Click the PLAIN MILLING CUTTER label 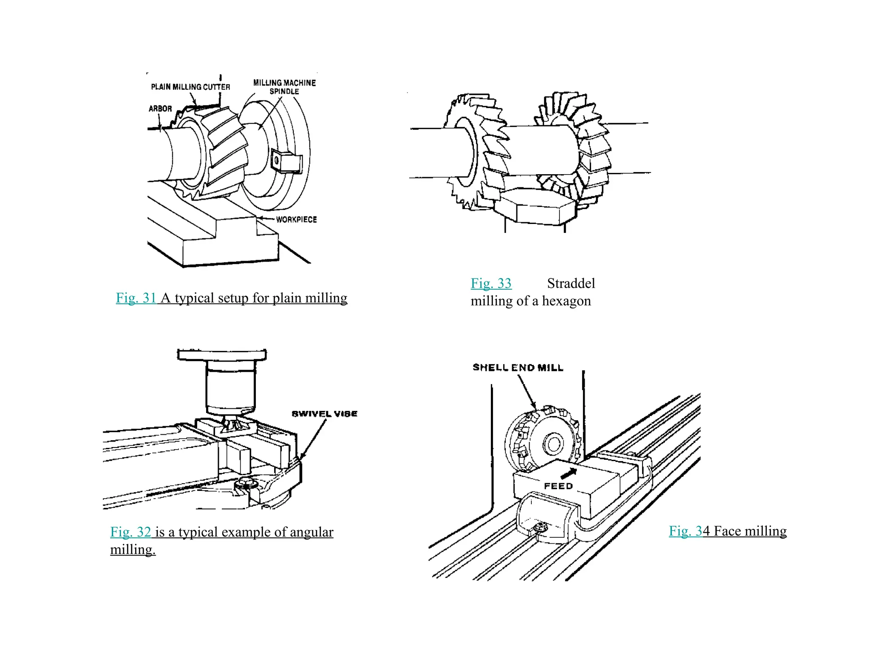coord(190,87)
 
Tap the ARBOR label coord(160,109)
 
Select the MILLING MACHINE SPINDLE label coord(284,87)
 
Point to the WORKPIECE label coord(296,220)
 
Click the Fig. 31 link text coord(136,298)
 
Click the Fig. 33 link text coord(491,283)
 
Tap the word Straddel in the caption coord(571,283)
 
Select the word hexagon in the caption coord(566,301)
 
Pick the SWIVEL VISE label coord(324,414)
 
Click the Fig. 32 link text coord(131,532)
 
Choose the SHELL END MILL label coord(518,367)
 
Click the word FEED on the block coord(558,486)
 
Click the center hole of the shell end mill coord(554,444)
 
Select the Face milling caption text coord(750,531)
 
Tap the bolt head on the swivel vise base coord(246,483)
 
